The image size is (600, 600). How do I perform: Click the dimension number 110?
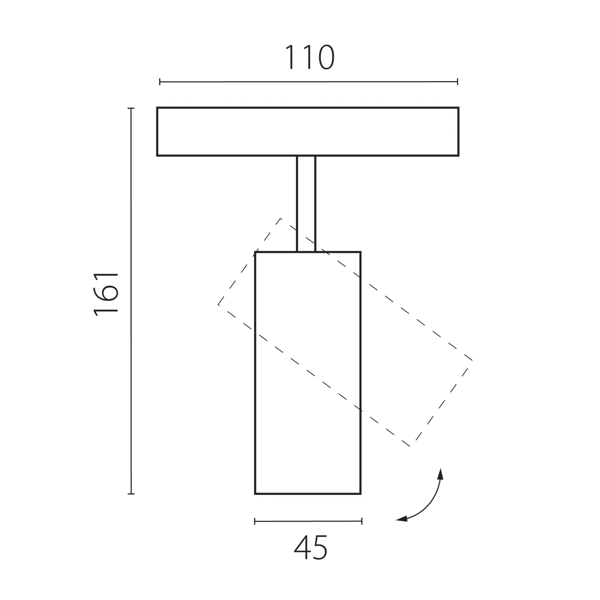pos(309,58)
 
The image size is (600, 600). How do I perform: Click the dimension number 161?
pos(106,294)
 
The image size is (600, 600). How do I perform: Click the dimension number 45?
pos(311,548)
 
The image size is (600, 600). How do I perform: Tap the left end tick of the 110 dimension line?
pos(160,82)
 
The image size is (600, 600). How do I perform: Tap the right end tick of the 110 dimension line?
pos(457,82)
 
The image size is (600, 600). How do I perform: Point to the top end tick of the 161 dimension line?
pos(131,108)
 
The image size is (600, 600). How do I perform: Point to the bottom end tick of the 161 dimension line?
pos(131,494)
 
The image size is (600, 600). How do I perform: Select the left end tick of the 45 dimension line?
pos(255,521)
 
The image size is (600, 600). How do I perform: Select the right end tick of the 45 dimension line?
pos(362,521)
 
